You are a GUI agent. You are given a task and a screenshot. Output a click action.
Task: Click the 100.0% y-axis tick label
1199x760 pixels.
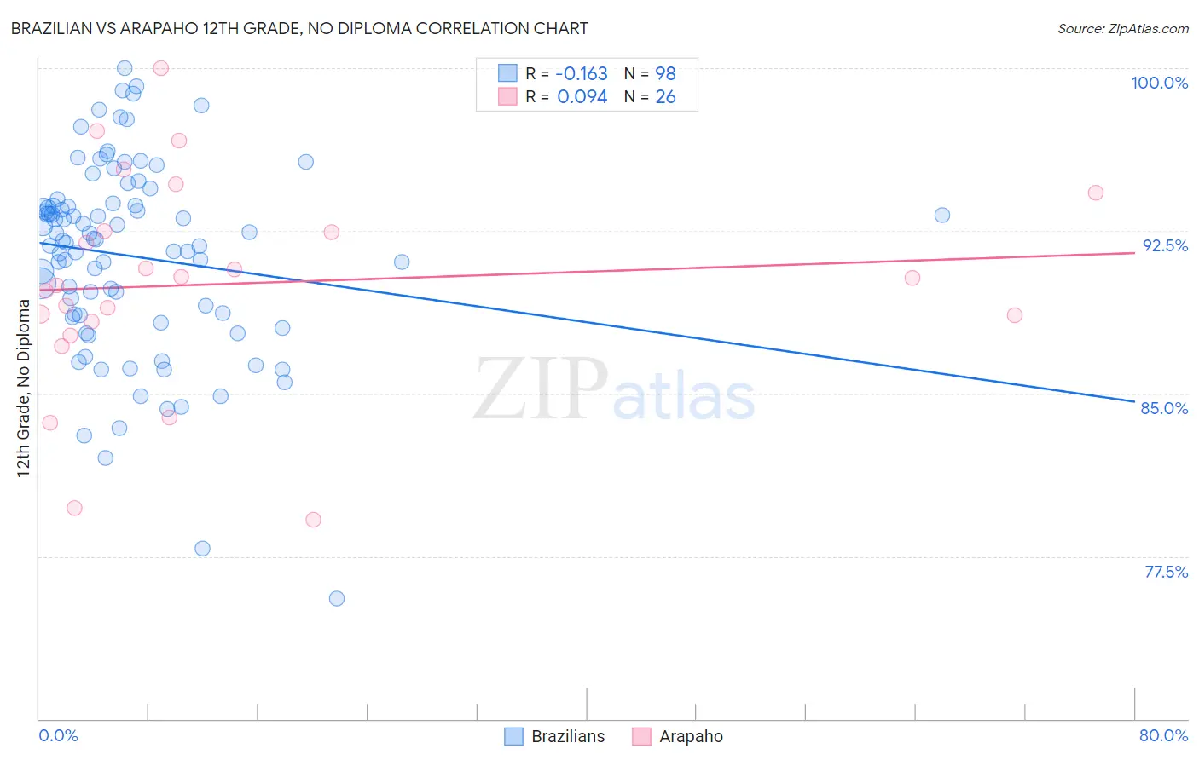click(1159, 83)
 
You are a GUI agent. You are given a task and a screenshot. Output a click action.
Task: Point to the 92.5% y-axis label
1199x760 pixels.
click(1165, 245)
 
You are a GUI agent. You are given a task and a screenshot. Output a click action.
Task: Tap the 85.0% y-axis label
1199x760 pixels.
click(1164, 408)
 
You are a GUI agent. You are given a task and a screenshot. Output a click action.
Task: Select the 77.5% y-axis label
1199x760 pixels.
click(1166, 572)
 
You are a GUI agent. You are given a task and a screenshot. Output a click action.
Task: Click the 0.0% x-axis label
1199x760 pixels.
click(58, 735)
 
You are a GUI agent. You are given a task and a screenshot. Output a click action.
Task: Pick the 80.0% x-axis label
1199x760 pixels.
click(1163, 735)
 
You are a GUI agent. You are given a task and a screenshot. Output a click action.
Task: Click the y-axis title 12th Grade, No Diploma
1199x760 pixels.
click(24, 388)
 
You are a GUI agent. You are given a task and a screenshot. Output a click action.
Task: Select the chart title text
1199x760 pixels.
click(299, 28)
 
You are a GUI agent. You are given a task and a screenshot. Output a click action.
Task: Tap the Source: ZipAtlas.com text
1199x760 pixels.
click(1122, 28)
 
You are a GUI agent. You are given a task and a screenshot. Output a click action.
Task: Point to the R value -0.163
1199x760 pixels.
click(582, 74)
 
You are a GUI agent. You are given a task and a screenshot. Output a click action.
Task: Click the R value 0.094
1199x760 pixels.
click(582, 97)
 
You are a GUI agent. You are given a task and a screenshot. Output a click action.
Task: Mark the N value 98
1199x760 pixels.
click(665, 74)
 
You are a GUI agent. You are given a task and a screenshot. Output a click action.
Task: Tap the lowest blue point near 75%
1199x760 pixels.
click(337, 599)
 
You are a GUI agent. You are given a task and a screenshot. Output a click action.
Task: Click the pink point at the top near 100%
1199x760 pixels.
click(160, 68)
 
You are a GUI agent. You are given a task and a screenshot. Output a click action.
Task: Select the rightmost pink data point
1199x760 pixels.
click(1096, 193)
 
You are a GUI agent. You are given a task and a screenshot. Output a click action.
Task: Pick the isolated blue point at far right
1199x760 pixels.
click(942, 216)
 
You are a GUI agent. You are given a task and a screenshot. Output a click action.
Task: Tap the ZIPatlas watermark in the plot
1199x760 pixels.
click(614, 391)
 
